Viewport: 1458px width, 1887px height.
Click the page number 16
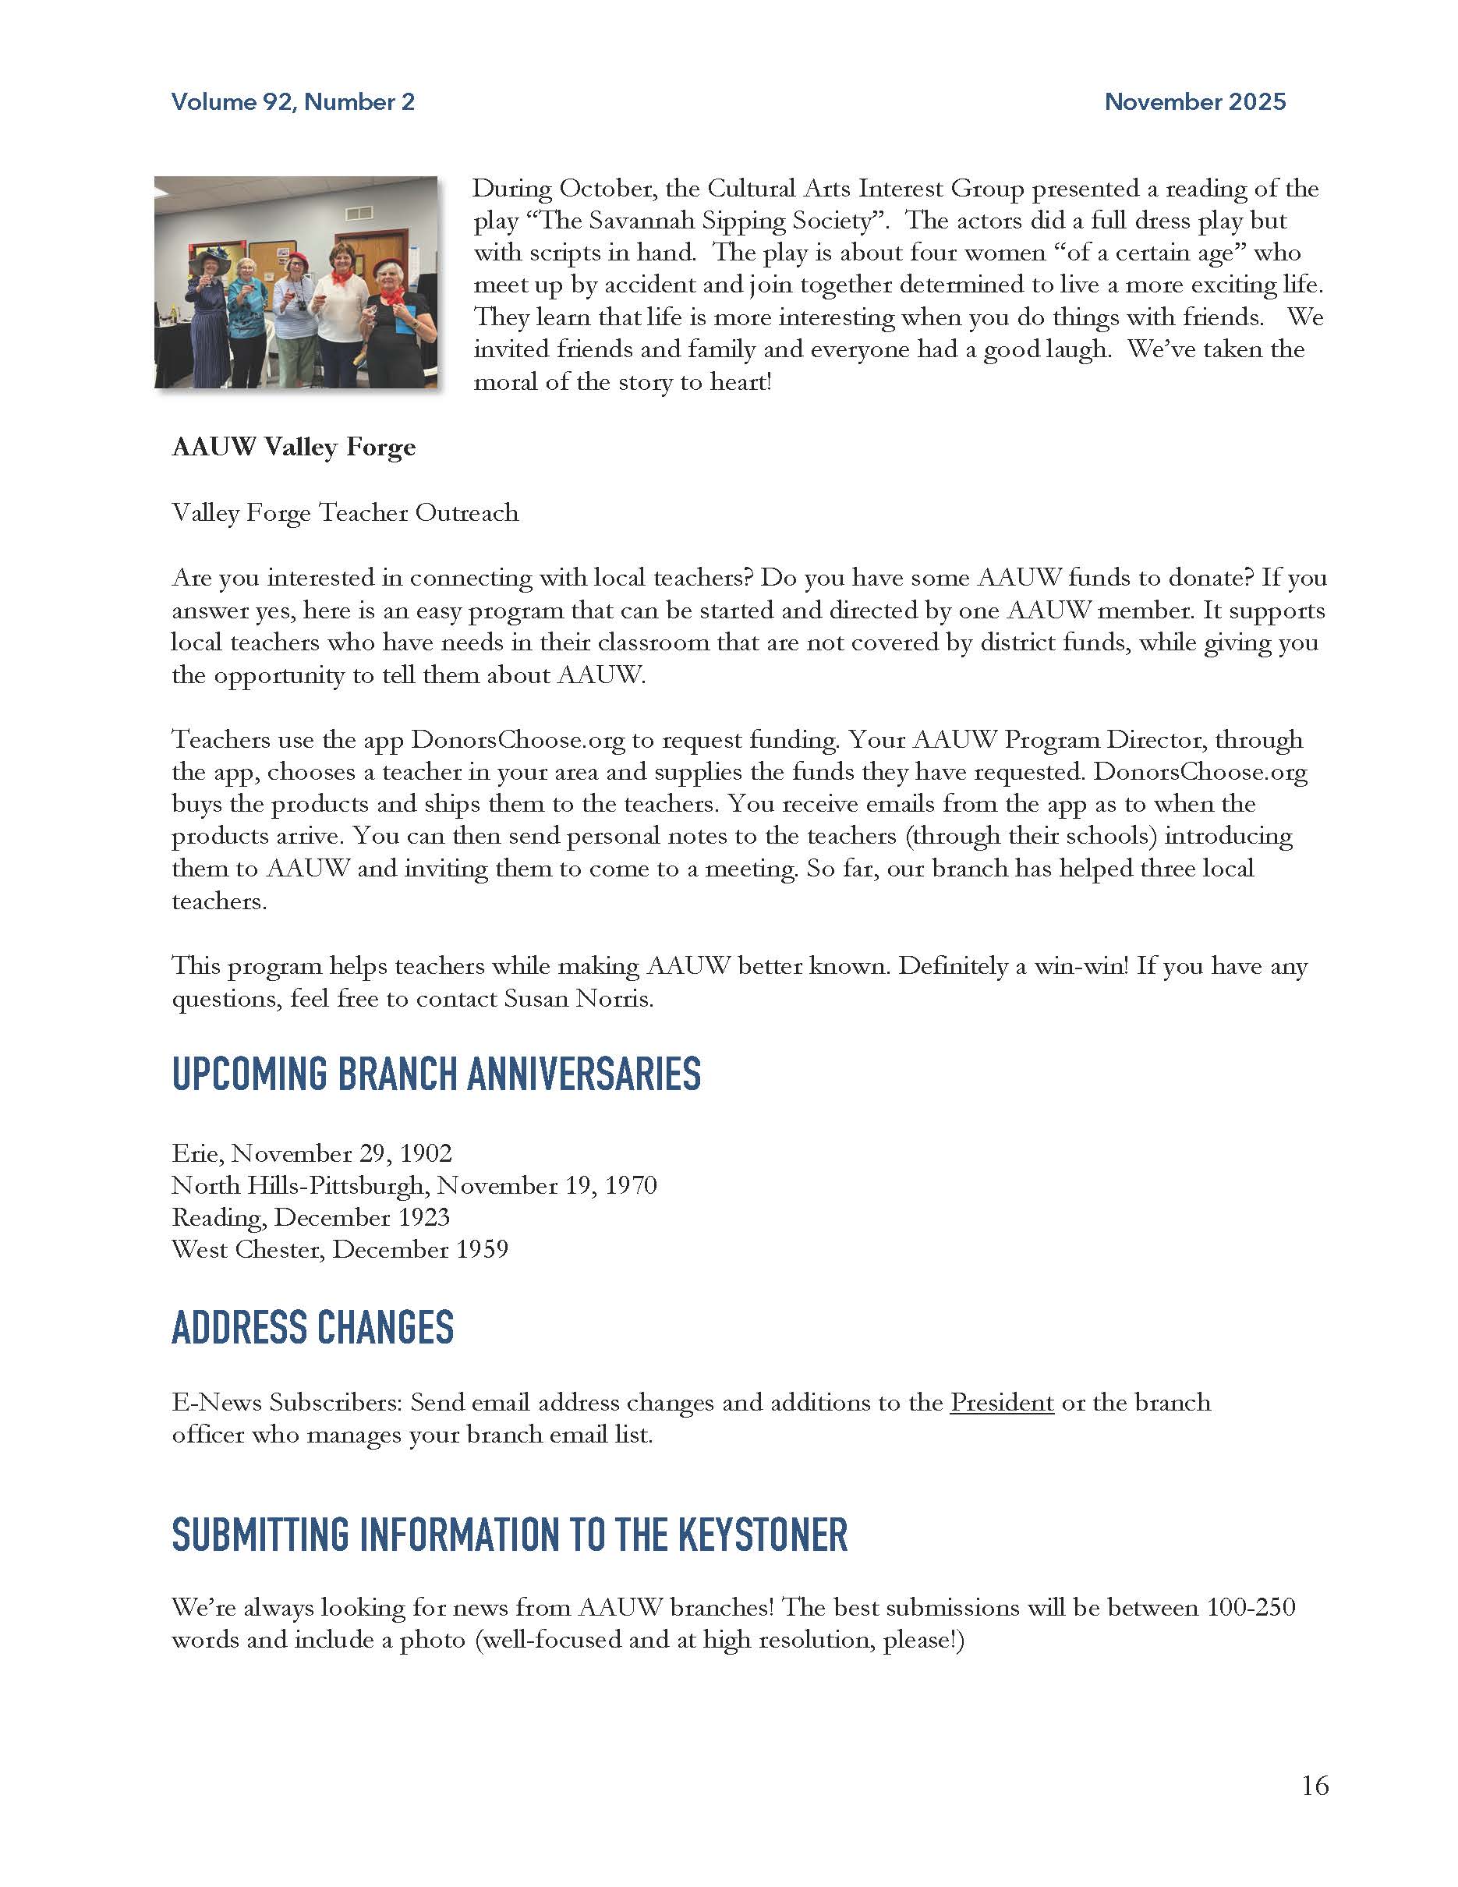pos(1315,1786)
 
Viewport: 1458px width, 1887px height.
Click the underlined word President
pos(1002,1401)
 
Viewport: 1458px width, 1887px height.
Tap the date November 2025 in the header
pos(1194,102)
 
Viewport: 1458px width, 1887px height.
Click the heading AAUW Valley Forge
pos(294,447)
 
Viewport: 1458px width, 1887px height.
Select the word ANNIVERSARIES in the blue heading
pos(583,1074)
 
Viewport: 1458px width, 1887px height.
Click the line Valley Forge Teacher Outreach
pos(345,512)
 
